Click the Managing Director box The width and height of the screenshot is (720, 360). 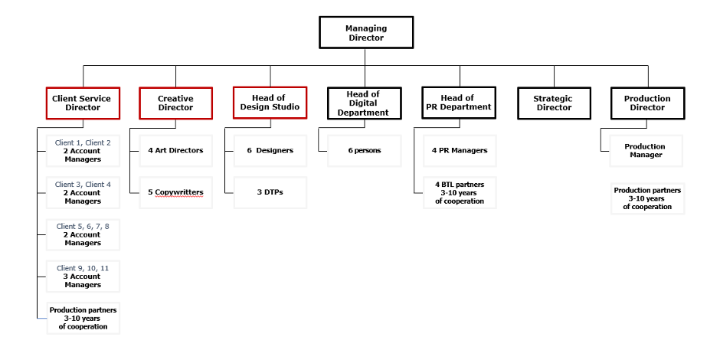366,32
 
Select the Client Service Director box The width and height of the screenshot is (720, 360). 83,103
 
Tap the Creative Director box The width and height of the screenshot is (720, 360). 176,103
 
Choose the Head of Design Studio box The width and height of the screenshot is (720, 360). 270,103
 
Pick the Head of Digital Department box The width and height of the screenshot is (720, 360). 365,103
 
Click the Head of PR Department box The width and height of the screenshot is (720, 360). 459,103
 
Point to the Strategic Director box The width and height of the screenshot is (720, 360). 554,103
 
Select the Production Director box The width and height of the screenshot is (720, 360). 647,103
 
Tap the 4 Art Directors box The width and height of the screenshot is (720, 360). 176,151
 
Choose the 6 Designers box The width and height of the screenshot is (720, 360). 270,151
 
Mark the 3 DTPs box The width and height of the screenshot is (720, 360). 270,192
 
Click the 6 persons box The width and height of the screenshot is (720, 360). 365,151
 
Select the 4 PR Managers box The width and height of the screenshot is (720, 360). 460,151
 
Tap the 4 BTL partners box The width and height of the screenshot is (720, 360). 460,192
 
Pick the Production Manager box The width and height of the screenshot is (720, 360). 646,151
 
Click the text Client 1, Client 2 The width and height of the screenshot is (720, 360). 83,142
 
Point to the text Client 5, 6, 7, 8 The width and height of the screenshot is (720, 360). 83,227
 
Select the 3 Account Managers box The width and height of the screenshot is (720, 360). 83,276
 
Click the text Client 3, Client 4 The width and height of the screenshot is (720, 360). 83,185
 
